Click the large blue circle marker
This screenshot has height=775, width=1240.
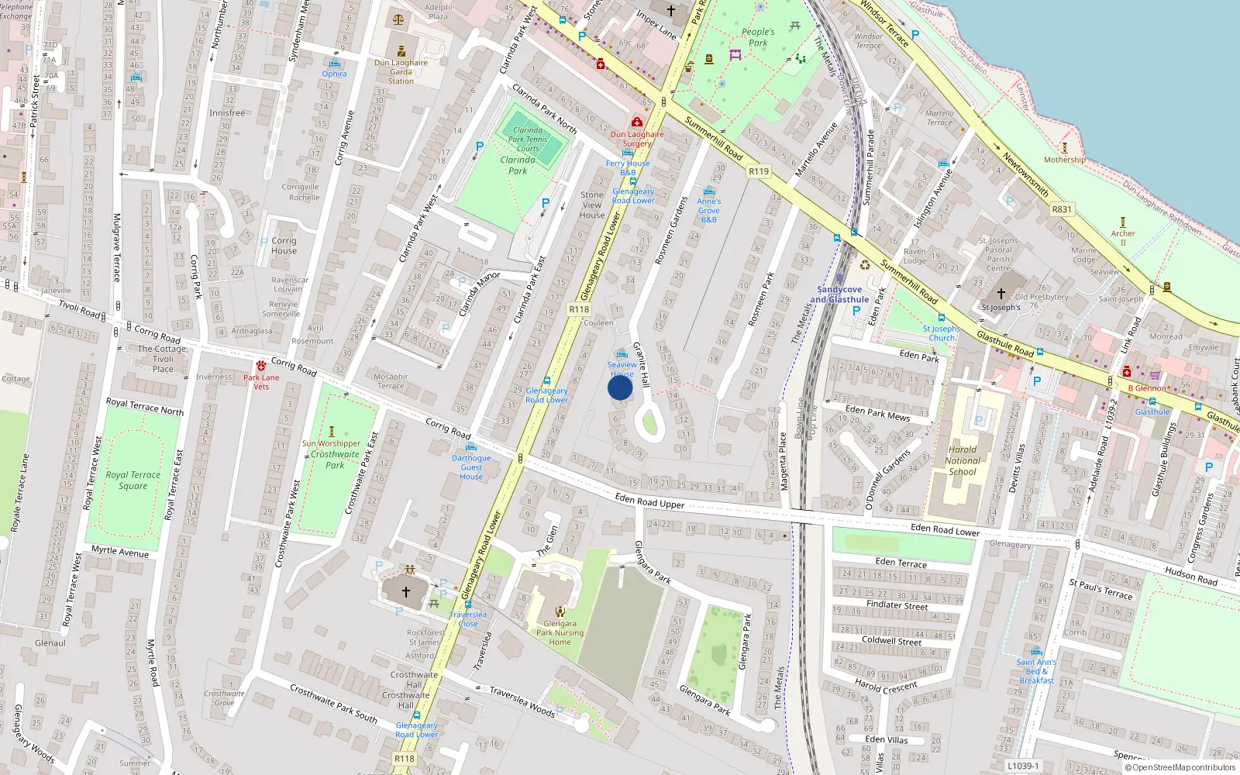(620, 387)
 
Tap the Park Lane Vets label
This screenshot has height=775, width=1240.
(261, 382)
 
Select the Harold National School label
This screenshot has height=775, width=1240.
(963, 460)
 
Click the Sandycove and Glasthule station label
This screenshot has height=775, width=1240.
(839, 294)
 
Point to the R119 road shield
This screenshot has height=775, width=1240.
(759, 171)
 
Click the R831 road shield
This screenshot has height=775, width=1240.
(1062, 209)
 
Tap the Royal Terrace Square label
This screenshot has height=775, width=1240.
(133, 480)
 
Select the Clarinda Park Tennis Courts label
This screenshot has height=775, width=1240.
(528, 139)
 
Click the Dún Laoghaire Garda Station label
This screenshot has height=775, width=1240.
(401, 71)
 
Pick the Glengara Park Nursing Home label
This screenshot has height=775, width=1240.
(560, 632)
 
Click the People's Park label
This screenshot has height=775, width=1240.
(757, 37)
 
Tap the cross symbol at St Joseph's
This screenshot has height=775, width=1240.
(1001, 294)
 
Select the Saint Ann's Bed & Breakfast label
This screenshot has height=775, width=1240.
(1036, 671)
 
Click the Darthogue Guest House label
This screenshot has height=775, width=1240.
(471, 467)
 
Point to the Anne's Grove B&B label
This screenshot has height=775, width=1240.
(708, 210)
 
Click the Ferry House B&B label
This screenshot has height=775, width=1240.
(628, 167)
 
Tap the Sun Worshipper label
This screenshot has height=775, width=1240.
(331, 443)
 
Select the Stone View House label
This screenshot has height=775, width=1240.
(592, 205)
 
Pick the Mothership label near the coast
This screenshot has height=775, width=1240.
(1064, 160)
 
